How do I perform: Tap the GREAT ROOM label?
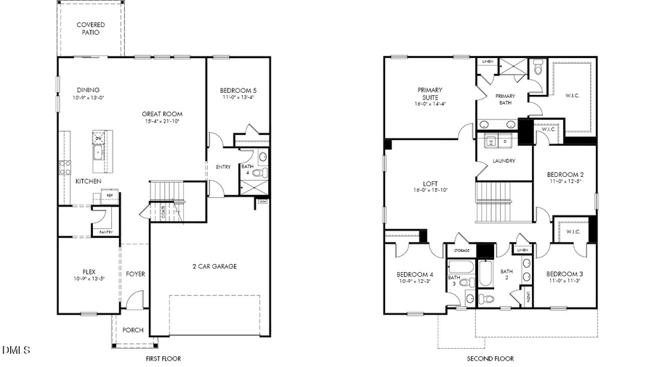tap(162, 114)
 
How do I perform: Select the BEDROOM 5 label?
tap(238, 91)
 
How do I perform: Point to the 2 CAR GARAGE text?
tap(214, 266)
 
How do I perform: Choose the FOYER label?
tap(135, 274)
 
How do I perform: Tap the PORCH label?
tap(132, 330)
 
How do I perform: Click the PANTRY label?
tap(101, 232)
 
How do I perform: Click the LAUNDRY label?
tap(504, 161)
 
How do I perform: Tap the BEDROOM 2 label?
tap(565, 175)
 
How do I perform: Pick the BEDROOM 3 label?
tap(565, 273)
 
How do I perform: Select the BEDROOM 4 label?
tap(414, 274)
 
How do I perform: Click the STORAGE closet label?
tap(461, 250)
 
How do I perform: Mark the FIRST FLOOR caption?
tap(163, 358)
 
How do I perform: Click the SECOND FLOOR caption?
tap(490, 358)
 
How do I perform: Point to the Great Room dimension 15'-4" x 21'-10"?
tap(162, 122)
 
